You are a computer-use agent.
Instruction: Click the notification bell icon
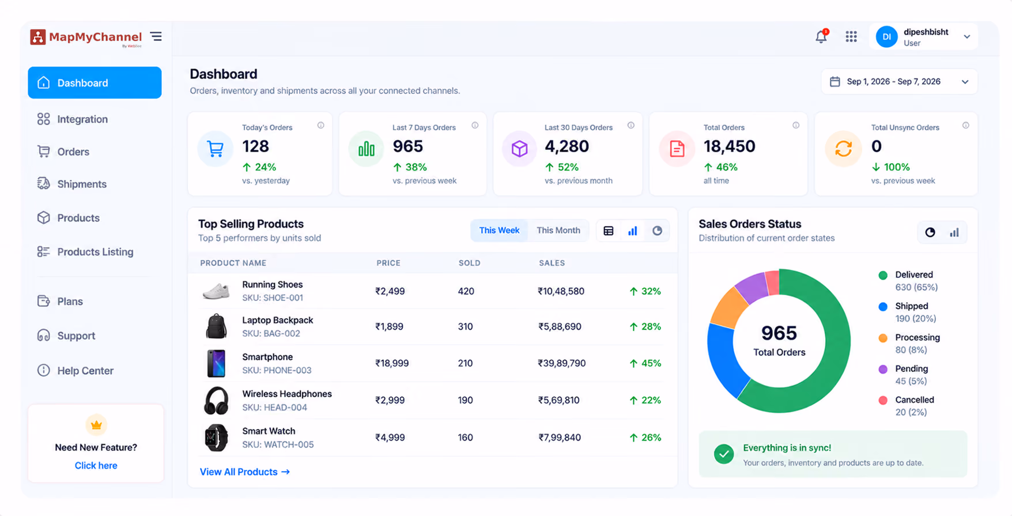(x=821, y=36)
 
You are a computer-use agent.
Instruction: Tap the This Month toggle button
(x=558, y=230)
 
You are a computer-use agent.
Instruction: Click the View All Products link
(x=244, y=472)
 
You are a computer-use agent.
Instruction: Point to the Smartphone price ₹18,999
(x=392, y=363)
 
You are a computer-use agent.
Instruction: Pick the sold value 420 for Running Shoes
(x=466, y=291)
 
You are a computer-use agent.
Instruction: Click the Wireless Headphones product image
(x=216, y=401)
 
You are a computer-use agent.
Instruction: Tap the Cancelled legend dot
(x=882, y=400)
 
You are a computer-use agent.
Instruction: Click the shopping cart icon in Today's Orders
(x=216, y=149)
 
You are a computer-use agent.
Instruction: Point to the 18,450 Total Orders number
(x=729, y=146)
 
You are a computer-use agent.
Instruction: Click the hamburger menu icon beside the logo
(x=156, y=36)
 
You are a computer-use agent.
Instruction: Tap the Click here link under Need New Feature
(x=96, y=465)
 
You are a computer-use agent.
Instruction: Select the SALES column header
(x=552, y=263)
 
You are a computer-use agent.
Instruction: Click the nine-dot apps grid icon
(x=851, y=36)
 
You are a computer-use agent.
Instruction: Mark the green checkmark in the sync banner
(x=724, y=454)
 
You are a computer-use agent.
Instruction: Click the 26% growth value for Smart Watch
(x=645, y=438)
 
